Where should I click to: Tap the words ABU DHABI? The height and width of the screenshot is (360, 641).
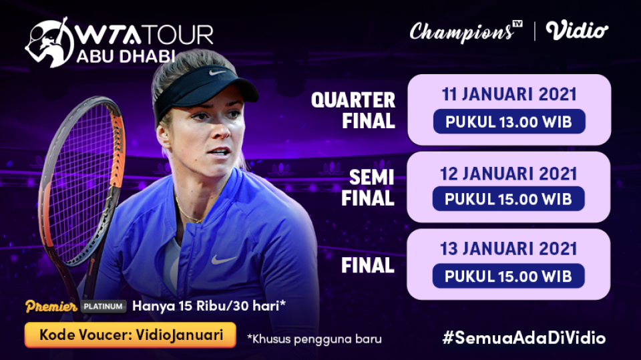tap(126, 56)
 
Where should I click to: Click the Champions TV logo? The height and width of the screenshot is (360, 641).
tap(465, 31)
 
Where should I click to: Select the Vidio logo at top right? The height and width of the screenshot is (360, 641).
tap(577, 31)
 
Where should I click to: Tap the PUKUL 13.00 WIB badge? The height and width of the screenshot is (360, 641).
tap(508, 122)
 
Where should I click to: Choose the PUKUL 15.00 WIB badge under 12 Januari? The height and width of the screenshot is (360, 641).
tap(508, 199)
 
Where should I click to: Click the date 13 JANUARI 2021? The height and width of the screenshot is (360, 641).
tap(508, 249)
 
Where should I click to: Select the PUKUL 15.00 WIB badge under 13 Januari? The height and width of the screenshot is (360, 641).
tap(508, 277)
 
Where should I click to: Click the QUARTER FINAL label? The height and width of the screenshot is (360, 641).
tap(353, 111)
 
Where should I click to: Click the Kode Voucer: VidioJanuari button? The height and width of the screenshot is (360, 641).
tap(130, 335)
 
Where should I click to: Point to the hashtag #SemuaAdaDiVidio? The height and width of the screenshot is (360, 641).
tap(524, 337)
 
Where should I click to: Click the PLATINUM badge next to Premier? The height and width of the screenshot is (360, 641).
tap(104, 307)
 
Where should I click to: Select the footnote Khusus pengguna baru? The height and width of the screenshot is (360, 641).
tap(314, 338)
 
